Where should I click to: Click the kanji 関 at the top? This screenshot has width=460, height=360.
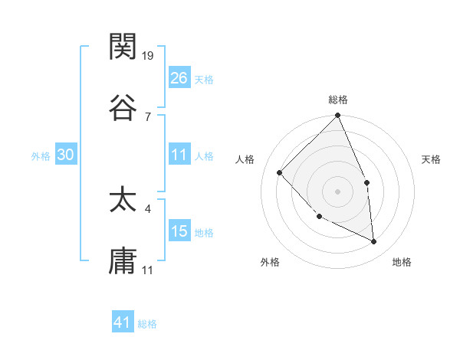pyautogui.click(x=123, y=47)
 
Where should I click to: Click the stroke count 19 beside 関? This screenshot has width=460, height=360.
pyautogui.click(x=149, y=56)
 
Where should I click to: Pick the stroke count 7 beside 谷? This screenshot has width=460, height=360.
pyautogui.click(x=147, y=116)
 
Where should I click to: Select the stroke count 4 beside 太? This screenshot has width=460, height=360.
pyautogui.click(x=147, y=208)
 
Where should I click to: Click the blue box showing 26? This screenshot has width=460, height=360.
pyautogui.click(x=179, y=78)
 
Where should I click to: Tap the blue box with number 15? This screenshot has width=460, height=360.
pyautogui.click(x=179, y=231)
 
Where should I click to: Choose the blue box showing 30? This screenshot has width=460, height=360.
pyautogui.click(x=66, y=155)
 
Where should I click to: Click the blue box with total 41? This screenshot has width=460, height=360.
pyautogui.click(x=123, y=322)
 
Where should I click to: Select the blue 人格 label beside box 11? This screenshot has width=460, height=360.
pyautogui.click(x=204, y=155)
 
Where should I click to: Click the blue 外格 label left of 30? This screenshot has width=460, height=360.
pyautogui.click(x=41, y=155)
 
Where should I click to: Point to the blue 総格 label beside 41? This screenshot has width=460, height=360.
pyautogui.click(x=147, y=324)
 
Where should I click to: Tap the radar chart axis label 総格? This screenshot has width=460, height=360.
pyautogui.click(x=338, y=100)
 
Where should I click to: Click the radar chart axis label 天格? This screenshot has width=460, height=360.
pyautogui.click(x=432, y=159)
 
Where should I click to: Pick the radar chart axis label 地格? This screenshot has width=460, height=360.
pyautogui.click(x=402, y=262)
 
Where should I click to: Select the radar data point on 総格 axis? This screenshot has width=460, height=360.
pyautogui.click(x=338, y=116)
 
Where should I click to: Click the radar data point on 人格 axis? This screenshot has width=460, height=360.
pyautogui.click(x=280, y=172)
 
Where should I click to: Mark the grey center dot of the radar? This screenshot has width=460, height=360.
pyautogui.click(x=337, y=191)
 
